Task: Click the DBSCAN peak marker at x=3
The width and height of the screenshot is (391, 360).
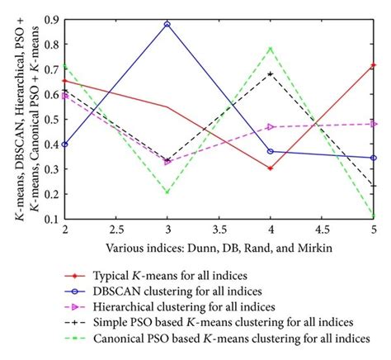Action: [x=167, y=25]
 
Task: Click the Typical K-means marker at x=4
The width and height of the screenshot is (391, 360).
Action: [x=271, y=168]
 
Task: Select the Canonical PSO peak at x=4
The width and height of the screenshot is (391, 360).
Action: [x=271, y=47]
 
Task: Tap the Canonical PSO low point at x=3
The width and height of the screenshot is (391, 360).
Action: [x=167, y=192]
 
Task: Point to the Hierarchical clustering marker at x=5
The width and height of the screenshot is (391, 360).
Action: [x=374, y=124]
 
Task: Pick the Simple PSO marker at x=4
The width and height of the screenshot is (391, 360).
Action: [x=271, y=73]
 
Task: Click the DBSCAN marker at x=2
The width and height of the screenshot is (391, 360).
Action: [x=64, y=144]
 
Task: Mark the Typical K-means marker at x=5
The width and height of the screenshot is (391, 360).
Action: [x=374, y=64]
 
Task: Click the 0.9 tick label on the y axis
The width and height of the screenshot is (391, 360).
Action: [x=52, y=19]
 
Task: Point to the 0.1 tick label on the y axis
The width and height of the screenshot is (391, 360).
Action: [x=52, y=220]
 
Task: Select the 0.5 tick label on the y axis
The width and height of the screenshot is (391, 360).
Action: [x=52, y=120]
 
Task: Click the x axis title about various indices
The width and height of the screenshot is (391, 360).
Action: [x=219, y=249]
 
